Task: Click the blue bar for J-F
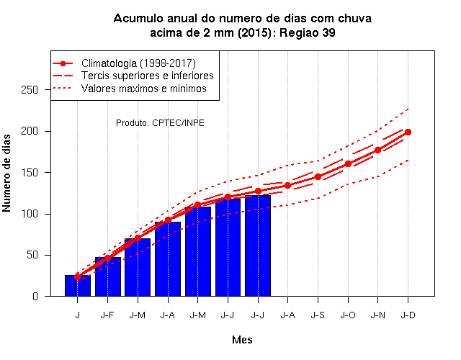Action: pyautogui.click(x=108, y=276)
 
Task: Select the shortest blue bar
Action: pyautogui.click(x=78, y=286)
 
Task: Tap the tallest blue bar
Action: pyautogui.click(x=258, y=246)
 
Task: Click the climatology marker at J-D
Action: pyautogui.click(x=408, y=132)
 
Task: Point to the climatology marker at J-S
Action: pyautogui.click(x=318, y=176)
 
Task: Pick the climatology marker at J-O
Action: pyautogui.click(x=348, y=163)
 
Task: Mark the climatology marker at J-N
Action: pyautogui.click(x=377, y=150)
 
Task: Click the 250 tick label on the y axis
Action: pyautogui.click(x=30, y=89)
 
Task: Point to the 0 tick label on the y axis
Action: pyautogui.click(x=35, y=296)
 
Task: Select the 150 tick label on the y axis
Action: pyautogui.click(x=30, y=173)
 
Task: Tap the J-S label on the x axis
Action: pyautogui.click(x=318, y=315)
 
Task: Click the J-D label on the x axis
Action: pyautogui.click(x=408, y=315)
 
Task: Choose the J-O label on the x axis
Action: pyautogui.click(x=348, y=315)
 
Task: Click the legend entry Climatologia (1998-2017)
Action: pyautogui.click(x=138, y=63)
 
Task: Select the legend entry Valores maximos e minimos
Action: pyautogui.click(x=144, y=89)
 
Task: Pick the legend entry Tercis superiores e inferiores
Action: pyautogui.click(x=147, y=76)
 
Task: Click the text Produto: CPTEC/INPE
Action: pyautogui.click(x=160, y=123)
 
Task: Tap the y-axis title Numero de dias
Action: pyautogui.click(x=6, y=173)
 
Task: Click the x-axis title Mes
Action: pyautogui.click(x=242, y=340)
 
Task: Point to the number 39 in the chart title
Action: pyautogui.click(x=328, y=32)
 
